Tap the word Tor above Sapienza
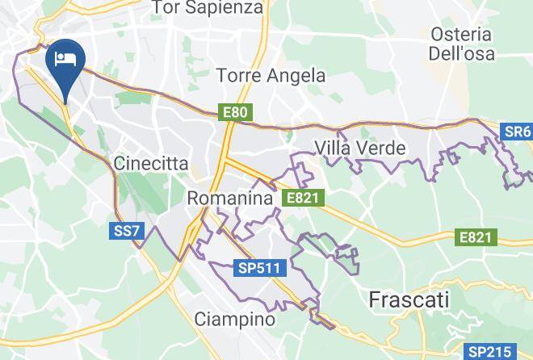click(x=169, y=8)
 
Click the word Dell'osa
click(x=462, y=54)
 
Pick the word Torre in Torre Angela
click(x=240, y=76)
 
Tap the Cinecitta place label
click(x=152, y=164)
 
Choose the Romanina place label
click(x=228, y=198)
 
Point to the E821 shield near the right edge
click(x=475, y=237)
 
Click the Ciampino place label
click(x=235, y=320)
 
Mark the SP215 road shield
click(x=490, y=351)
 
